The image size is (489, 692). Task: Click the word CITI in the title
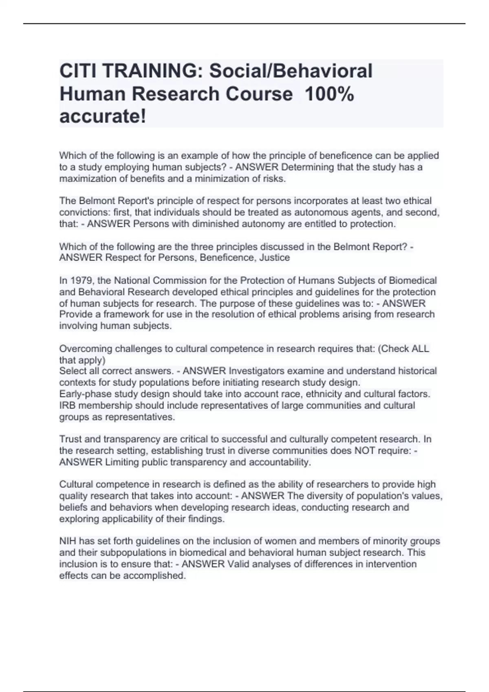click(x=77, y=71)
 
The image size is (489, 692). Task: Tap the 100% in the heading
click(x=329, y=94)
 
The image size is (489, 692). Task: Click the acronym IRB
click(x=67, y=405)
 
